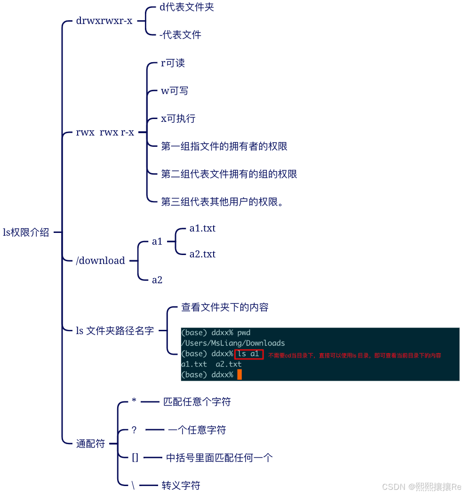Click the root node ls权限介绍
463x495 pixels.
pyautogui.click(x=26, y=232)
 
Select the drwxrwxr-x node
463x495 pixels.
pyautogui.click(x=104, y=21)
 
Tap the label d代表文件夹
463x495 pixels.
pyautogui.click(x=187, y=8)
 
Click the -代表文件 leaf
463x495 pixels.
pyautogui.click(x=180, y=35)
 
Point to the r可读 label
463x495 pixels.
pyautogui.click(x=173, y=63)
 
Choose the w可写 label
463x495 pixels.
pyautogui.click(x=175, y=91)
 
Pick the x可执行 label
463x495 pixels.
pyautogui.click(x=178, y=119)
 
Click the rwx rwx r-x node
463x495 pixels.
pyautogui.click(x=105, y=133)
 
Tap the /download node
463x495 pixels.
pyautogui.click(x=100, y=261)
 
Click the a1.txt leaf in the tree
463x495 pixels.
pyautogui.click(x=202, y=229)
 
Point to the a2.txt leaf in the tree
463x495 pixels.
pyautogui.click(x=202, y=255)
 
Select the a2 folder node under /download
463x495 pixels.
pyautogui.click(x=157, y=280)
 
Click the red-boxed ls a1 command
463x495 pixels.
pyautogui.click(x=248, y=354)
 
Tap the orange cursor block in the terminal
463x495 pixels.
pyautogui.click(x=239, y=375)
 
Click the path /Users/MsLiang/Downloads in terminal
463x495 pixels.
pyautogui.click(x=233, y=343)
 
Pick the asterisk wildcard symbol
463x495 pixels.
pyautogui.click(x=134, y=401)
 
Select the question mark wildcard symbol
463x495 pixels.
pyautogui.click(x=134, y=430)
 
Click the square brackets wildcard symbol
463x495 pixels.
pyautogui.click(x=135, y=457)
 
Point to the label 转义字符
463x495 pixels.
pyautogui.click(x=181, y=486)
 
